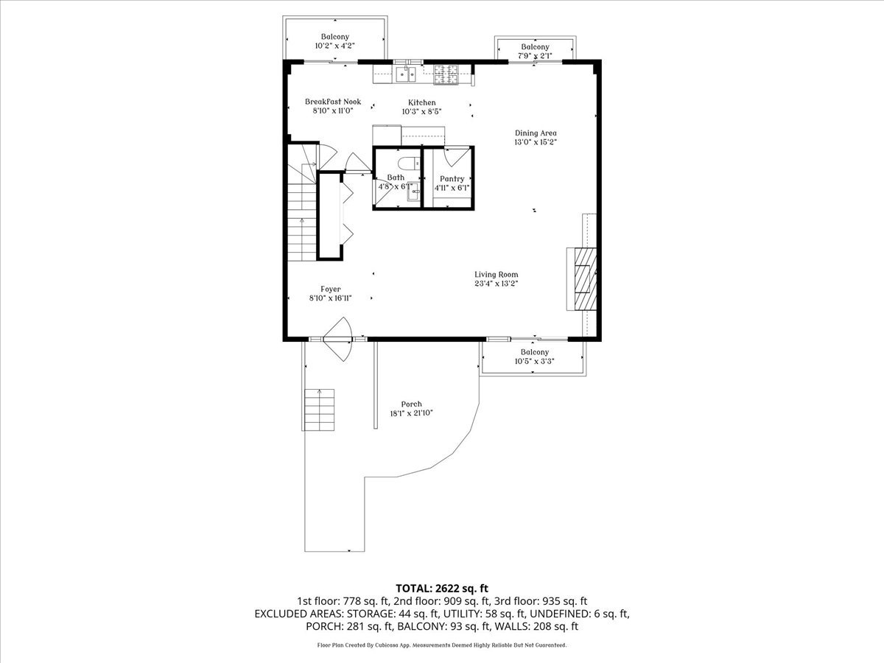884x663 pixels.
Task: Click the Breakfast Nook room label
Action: click(333, 102)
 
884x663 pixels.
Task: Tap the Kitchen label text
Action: click(422, 102)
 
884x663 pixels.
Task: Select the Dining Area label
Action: click(536, 133)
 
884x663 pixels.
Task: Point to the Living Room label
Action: click(501, 274)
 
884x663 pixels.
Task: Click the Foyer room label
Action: click(330, 289)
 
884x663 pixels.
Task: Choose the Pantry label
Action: click(452, 179)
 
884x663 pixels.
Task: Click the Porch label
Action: click(411, 404)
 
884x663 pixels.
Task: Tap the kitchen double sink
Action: click(404, 74)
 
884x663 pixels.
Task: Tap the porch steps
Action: click(319, 409)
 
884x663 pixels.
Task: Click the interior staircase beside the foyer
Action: click(302, 214)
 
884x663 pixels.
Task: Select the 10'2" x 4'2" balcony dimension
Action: click(334, 46)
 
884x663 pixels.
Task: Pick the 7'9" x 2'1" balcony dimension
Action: click(535, 55)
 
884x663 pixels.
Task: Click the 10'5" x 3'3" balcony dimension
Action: click(535, 362)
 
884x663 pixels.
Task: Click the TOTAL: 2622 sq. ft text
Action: click(442, 588)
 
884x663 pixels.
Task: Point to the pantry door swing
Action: click(456, 157)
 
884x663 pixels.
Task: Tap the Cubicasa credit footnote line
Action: click(442, 645)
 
